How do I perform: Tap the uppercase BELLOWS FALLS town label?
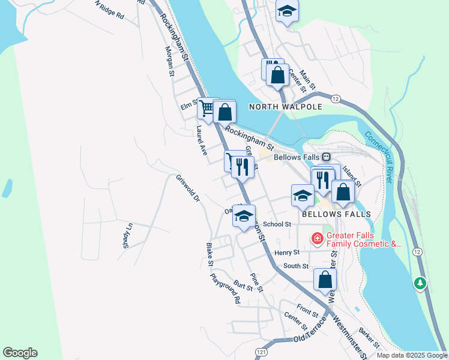336,214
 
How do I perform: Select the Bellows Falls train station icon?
327,157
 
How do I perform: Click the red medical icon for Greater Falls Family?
317,239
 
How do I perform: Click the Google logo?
20,353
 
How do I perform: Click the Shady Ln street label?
127,235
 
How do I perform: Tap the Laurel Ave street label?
201,141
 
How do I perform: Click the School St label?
277,224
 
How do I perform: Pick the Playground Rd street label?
225,288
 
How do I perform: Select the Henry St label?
287,253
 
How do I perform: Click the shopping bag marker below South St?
325,280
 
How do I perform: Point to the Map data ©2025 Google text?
412,355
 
